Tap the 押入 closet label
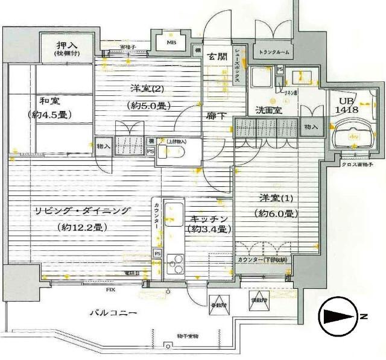[66, 46]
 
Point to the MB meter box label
[171, 43]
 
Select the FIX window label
[111, 290]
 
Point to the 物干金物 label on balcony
[192, 336]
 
